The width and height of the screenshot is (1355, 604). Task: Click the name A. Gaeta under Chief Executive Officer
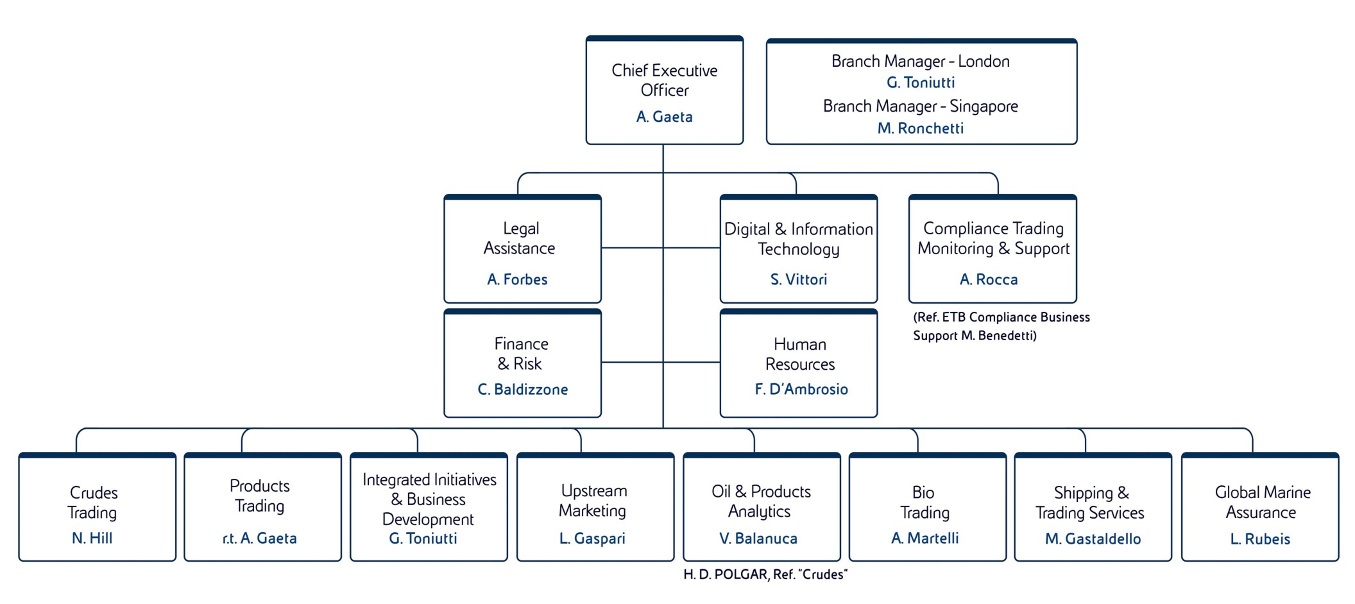coord(664,117)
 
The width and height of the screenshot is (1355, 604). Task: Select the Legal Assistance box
coord(522,249)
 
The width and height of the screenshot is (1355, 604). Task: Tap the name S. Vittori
coord(798,279)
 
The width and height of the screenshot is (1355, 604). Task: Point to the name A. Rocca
coord(989,279)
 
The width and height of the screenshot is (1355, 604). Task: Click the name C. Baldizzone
coord(522,389)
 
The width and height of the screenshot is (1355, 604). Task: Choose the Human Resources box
coord(798,363)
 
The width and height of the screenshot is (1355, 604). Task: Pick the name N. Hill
coord(92,538)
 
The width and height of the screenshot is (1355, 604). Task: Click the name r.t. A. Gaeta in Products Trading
coord(259,538)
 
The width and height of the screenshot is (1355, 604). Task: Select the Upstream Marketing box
coord(595,507)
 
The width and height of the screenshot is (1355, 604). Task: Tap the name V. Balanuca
coord(758,539)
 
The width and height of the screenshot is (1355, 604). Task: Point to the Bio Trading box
coord(927,507)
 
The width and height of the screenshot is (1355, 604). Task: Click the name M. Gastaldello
coord(1093,539)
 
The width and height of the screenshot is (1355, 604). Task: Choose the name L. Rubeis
coord(1259,539)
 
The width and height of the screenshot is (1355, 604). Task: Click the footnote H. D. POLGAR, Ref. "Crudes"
coord(765,574)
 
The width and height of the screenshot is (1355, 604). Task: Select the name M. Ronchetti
coord(920,128)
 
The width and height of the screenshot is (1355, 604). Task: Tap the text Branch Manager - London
coord(920,61)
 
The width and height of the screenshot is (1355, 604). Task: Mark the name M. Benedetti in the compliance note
coord(998,336)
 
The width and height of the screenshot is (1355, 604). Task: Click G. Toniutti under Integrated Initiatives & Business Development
coord(423,538)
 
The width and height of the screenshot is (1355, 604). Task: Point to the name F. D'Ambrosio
coord(801,389)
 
